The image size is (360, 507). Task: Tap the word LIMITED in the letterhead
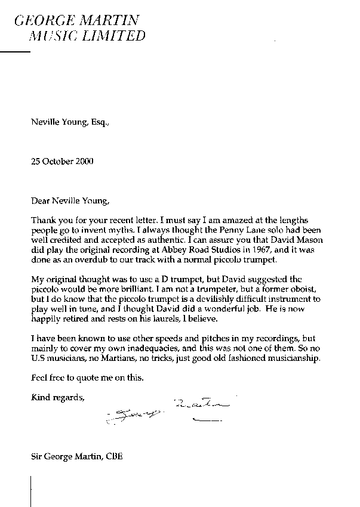pyautogui.click(x=119, y=36)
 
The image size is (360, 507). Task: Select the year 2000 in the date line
pyautogui.click(x=82, y=161)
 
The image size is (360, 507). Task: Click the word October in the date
pyautogui.click(x=57, y=161)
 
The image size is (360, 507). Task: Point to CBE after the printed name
pyautogui.click(x=115, y=458)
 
